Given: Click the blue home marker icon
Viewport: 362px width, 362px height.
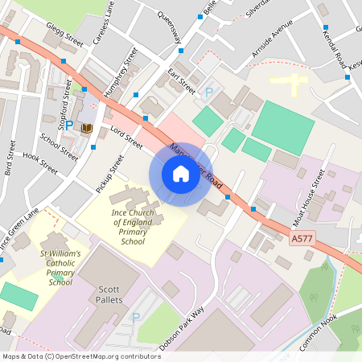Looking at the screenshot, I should pyautogui.click(x=180, y=174).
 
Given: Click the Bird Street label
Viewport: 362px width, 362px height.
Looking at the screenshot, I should pyautogui.click(x=9, y=158).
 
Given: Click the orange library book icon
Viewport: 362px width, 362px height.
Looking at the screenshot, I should pyautogui.click(x=86, y=127).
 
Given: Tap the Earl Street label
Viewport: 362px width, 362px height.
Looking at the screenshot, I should pyautogui.click(x=182, y=81).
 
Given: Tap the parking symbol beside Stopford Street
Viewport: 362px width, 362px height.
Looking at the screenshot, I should pyautogui.click(x=68, y=125).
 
